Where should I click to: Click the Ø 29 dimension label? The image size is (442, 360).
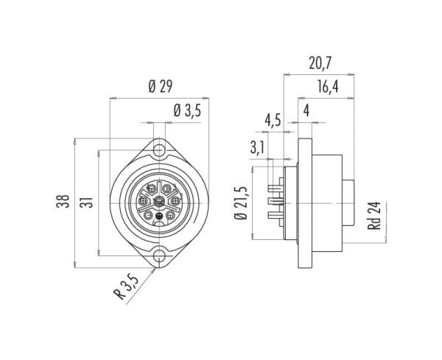click(160, 86)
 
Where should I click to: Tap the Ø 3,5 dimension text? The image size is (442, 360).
click(187, 110)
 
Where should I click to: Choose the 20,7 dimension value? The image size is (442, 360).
click(320, 63)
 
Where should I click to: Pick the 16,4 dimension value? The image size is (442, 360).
click(328, 87)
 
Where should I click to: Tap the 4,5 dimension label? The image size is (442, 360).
click(273, 120)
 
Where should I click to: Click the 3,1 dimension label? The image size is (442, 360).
click(257, 147)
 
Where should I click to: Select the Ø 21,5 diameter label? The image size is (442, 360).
click(241, 203)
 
